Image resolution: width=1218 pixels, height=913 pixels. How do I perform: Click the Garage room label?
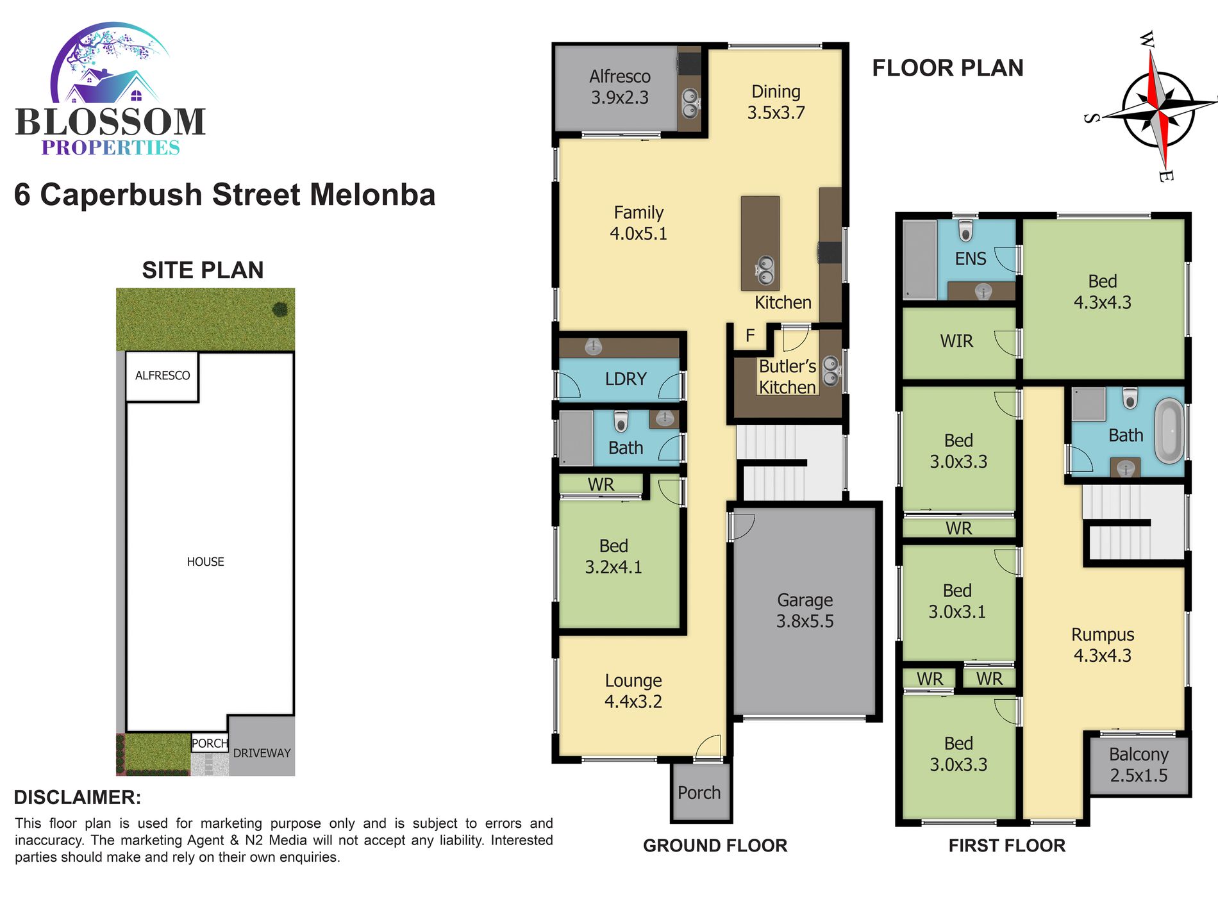click(x=805, y=611)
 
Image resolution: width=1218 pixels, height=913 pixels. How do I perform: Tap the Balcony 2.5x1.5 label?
click(x=1139, y=764)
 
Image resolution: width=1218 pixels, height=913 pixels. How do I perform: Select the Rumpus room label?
click(x=1103, y=645)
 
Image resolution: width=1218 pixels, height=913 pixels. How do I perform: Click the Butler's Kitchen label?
click(x=787, y=377)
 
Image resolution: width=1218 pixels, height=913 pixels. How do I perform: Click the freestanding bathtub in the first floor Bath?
click(x=1169, y=431)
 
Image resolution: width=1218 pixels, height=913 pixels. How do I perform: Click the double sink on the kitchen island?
click(x=765, y=270)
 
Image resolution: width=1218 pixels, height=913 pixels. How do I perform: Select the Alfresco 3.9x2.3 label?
click(x=620, y=87)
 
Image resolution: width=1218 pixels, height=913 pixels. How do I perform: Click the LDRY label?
click(x=626, y=379)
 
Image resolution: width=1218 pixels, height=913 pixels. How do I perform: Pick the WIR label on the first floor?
click(x=956, y=341)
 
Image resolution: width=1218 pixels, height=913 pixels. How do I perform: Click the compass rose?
click(x=1157, y=108)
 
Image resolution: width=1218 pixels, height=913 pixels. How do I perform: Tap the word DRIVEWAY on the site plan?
click(x=262, y=753)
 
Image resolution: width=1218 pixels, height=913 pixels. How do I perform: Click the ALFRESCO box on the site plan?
click(x=162, y=377)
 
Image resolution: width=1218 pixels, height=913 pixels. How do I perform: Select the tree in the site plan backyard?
click(x=280, y=309)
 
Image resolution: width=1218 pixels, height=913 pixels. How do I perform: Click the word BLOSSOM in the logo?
click(x=110, y=122)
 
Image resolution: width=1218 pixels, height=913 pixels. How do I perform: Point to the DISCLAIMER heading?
click(x=78, y=798)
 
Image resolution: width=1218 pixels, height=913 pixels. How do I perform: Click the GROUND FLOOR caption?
click(x=715, y=846)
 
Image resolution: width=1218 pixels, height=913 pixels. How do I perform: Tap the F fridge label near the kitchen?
click(x=750, y=335)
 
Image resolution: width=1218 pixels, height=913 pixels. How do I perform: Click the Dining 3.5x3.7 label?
click(x=776, y=102)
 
